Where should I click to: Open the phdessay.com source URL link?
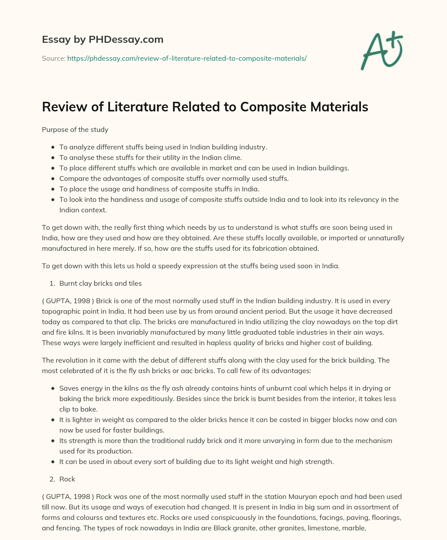pyautogui.click(x=187, y=58)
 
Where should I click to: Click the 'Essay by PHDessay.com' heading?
pyautogui.click(x=103, y=39)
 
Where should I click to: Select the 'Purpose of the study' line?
pyautogui.click(x=75, y=129)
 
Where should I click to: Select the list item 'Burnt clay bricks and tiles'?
pyautogui.click(x=100, y=283)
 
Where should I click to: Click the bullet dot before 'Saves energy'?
pyautogui.click(x=53, y=388)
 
